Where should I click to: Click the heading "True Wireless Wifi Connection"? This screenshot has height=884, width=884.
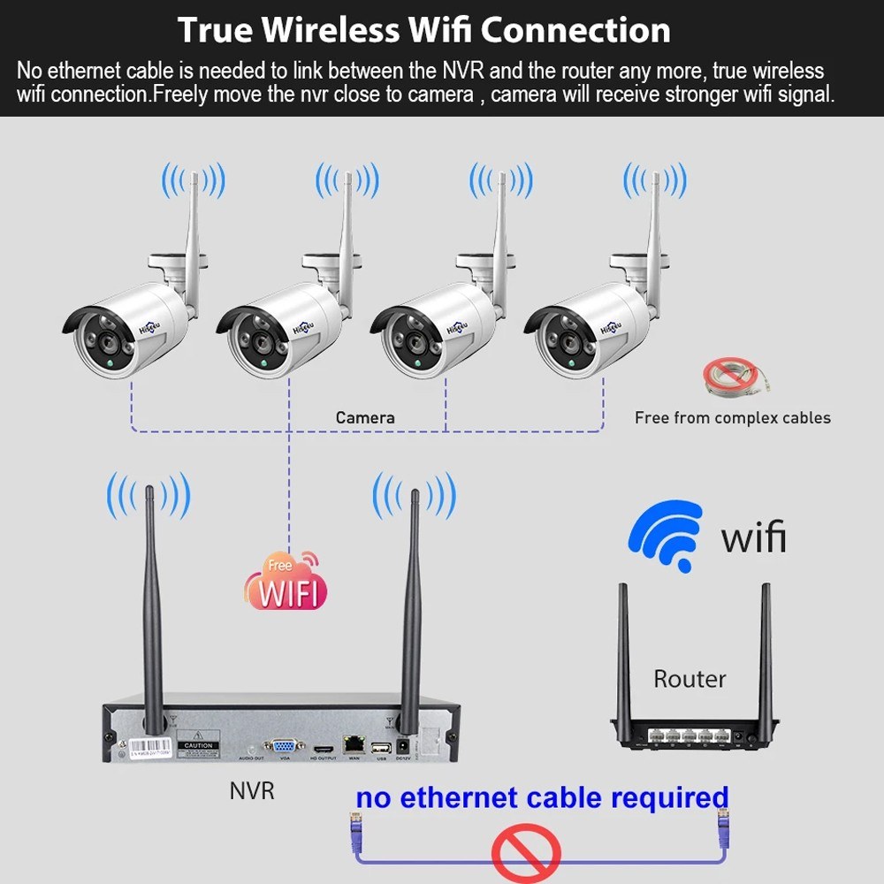point(424,30)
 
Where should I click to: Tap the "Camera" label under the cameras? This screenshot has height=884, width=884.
point(365,417)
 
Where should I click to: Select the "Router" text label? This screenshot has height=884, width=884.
point(690,679)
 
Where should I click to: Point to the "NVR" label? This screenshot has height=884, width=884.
point(252,789)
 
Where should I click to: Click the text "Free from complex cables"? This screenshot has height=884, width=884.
point(733,417)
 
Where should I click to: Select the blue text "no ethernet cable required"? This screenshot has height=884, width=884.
point(542,797)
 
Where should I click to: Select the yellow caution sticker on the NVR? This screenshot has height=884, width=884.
point(199,743)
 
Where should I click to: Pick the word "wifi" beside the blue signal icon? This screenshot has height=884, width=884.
point(753,537)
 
